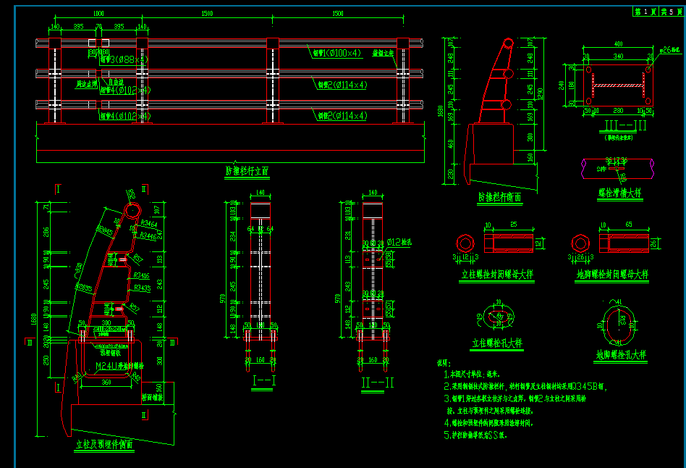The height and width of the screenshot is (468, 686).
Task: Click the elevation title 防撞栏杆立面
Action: [x=247, y=172]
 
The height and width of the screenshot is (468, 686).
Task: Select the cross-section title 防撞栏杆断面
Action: [x=499, y=196]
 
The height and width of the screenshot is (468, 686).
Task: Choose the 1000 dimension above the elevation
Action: [x=98, y=14]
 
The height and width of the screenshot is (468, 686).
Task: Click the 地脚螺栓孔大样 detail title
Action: [x=621, y=355]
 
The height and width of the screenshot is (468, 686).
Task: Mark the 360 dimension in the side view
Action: [x=106, y=381]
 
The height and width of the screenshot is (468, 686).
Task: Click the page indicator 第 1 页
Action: [x=645, y=12]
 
